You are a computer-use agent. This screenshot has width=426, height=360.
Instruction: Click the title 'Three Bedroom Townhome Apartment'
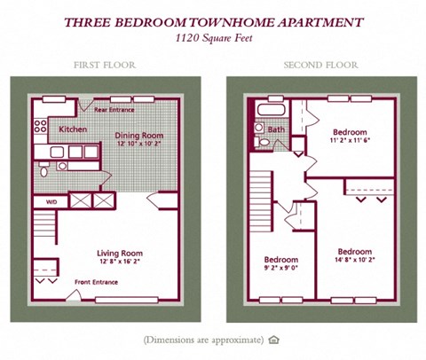click(x=213, y=21)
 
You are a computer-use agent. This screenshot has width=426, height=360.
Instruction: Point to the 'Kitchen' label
click(x=74, y=129)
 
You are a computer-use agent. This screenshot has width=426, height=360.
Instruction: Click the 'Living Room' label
click(x=120, y=254)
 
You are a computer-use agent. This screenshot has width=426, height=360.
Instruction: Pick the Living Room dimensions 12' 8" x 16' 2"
click(x=120, y=263)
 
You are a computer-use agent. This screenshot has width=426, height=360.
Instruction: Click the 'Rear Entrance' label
click(x=114, y=110)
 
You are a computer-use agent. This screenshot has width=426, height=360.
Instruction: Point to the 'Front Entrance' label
click(x=96, y=282)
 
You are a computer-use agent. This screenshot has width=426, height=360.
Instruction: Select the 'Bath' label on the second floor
click(x=275, y=129)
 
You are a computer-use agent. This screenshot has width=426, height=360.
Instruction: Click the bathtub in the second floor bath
click(x=268, y=110)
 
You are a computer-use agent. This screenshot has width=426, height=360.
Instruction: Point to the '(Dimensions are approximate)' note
click(x=203, y=340)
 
